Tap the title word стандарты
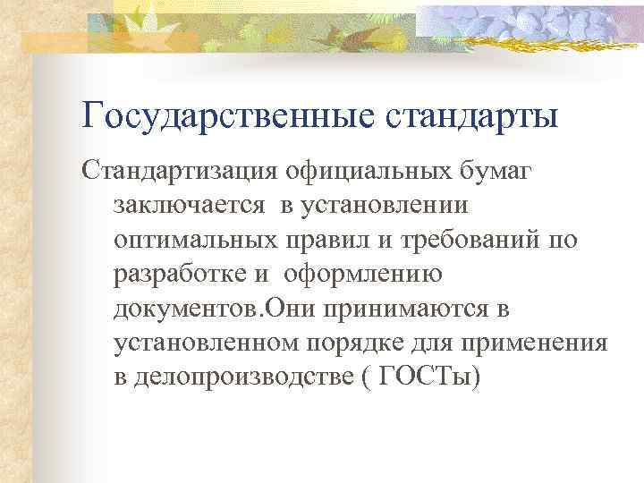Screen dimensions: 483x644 pos(473,116)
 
